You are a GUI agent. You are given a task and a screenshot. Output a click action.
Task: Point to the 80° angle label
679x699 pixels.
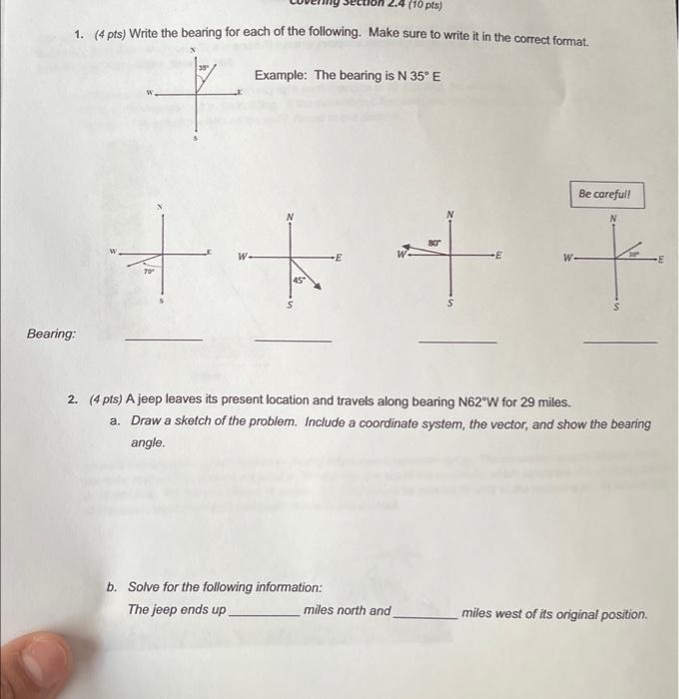point(434,242)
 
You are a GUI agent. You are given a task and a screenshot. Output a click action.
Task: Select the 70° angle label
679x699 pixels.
point(149,271)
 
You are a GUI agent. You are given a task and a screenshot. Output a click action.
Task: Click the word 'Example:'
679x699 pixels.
point(283,76)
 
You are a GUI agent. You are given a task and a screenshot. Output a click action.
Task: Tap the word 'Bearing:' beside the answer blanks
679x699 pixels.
point(52,334)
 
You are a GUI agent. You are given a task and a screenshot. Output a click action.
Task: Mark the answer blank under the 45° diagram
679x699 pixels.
point(293,341)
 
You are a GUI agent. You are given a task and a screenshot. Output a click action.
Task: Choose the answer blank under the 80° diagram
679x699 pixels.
point(457,342)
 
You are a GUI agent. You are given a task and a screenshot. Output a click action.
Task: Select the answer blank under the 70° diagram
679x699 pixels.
point(163,340)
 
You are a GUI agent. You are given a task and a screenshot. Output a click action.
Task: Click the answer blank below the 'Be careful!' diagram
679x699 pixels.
point(620,343)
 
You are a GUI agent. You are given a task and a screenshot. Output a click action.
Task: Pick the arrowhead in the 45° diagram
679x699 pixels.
point(317,287)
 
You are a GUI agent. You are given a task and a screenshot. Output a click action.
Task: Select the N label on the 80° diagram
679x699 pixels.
point(450,214)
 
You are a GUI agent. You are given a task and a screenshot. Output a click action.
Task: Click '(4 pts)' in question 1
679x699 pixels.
point(109,34)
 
